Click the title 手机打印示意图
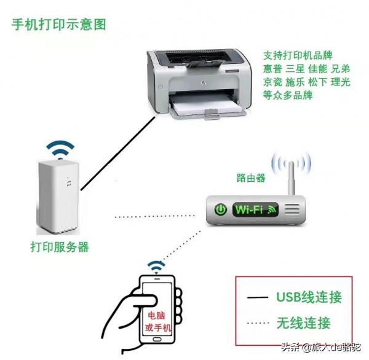tap(59, 25)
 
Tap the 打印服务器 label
tap(60, 247)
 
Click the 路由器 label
tap(251, 178)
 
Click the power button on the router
tap(220, 209)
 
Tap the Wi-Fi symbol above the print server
tap(61, 149)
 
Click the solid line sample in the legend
tap(258, 299)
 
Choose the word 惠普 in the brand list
tap(273, 68)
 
